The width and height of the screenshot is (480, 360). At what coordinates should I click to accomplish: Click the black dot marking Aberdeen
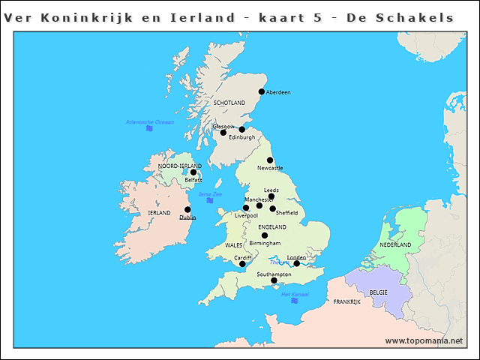(262, 92)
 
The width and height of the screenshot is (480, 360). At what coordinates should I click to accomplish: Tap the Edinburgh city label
(242, 138)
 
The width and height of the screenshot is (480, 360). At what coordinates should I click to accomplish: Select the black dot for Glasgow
(223, 133)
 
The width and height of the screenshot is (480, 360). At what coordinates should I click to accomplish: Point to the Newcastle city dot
(270, 160)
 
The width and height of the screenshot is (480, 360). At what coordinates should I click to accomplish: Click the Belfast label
(193, 180)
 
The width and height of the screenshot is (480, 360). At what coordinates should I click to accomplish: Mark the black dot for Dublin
(187, 210)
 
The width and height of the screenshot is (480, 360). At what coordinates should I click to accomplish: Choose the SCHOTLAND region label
(229, 103)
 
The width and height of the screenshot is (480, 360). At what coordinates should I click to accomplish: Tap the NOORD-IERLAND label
(180, 166)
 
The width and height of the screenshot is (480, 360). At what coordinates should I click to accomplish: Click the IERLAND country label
(159, 213)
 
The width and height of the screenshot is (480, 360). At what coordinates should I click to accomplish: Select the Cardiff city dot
(242, 264)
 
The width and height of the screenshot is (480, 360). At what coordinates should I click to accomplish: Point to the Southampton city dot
(274, 281)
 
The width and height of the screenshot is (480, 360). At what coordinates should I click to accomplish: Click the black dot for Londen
(297, 264)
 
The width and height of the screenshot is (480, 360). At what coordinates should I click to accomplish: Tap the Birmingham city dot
(264, 235)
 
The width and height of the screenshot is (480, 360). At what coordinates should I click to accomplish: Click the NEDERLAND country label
(395, 245)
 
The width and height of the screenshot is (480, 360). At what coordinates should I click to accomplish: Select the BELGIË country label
(378, 291)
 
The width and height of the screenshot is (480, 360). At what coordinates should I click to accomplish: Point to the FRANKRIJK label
(347, 302)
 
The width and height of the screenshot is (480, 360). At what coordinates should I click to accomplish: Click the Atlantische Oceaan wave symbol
(149, 129)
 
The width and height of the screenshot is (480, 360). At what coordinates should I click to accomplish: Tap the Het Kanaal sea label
(295, 294)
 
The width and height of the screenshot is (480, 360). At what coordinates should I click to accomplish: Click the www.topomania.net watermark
(424, 341)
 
